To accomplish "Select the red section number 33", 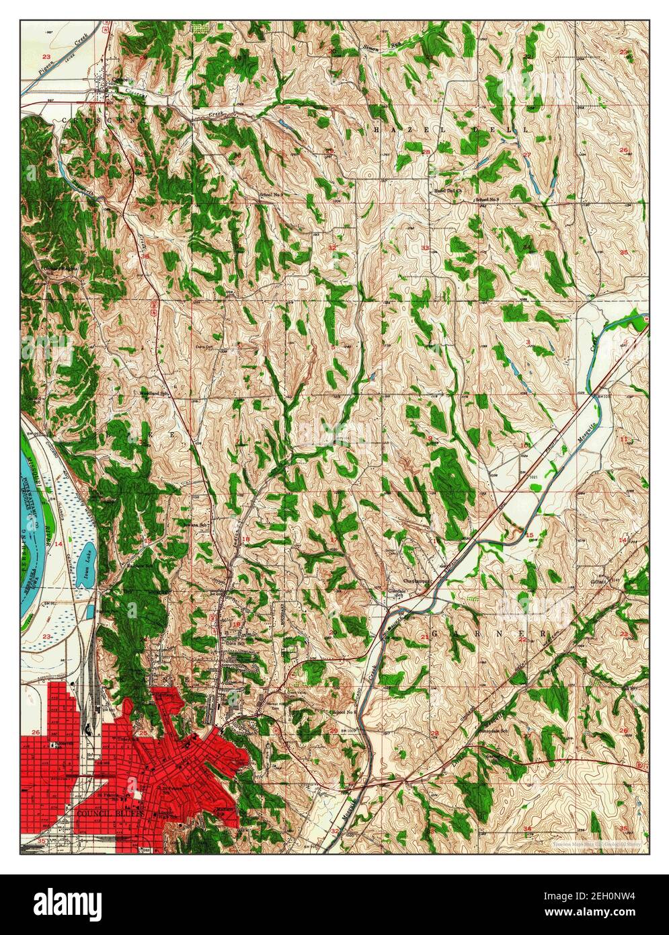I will click(x=425, y=248).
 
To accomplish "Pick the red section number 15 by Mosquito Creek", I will click(x=529, y=535).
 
